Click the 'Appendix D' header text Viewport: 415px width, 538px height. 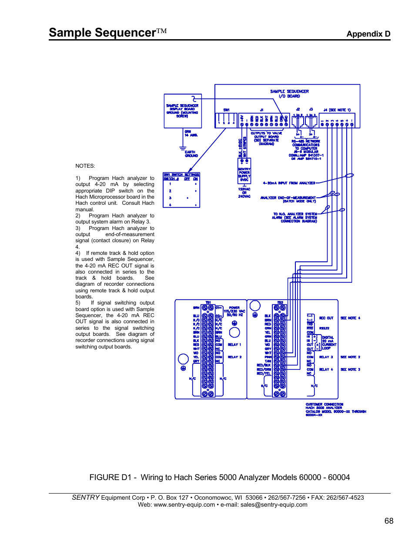(368, 34)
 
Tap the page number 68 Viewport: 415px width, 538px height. (388, 521)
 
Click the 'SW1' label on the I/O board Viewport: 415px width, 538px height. (226, 110)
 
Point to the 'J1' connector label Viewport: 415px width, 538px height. (261, 110)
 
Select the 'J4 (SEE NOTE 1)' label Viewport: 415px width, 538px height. (337, 110)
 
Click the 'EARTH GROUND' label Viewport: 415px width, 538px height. (191, 154)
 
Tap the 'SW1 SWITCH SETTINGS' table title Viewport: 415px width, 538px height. (181, 175)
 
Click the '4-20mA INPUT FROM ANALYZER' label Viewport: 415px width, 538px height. (289, 183)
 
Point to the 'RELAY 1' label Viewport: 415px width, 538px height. (234, 345)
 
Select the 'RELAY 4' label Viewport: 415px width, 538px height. (326, 369)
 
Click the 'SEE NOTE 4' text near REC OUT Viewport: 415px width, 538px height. (350, 318)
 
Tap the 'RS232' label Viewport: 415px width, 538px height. (324, 328)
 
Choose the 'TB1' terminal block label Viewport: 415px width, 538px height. (208, 302)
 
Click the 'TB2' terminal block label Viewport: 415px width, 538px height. (280, 302)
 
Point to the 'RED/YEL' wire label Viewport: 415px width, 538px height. (263, 373)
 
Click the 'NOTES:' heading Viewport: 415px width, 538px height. (85, 166)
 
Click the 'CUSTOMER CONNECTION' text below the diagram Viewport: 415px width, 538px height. (324, 404)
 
